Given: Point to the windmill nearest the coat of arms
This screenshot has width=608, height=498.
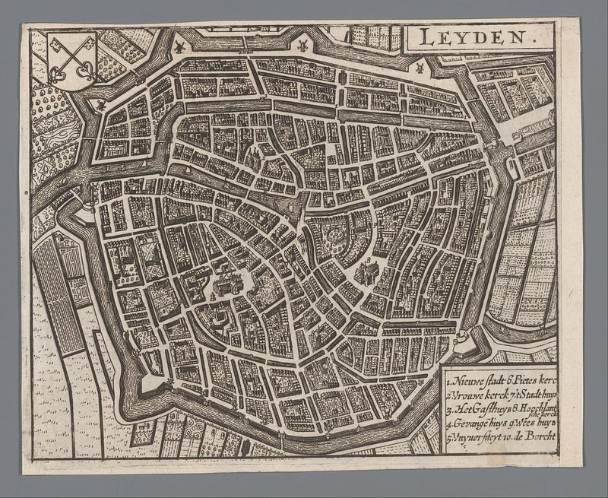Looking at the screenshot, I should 179,46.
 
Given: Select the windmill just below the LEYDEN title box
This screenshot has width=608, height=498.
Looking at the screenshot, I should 417,67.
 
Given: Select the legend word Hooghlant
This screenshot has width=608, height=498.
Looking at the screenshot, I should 540,408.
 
